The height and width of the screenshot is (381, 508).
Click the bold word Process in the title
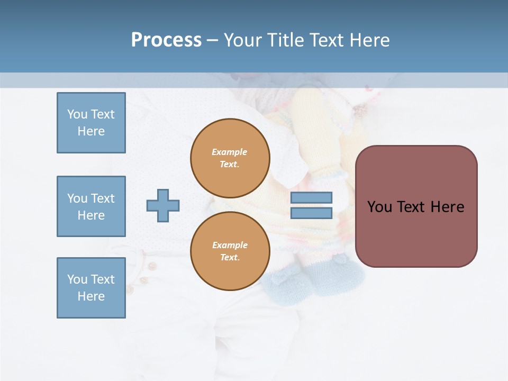pyautogui.click(x=166, y=40)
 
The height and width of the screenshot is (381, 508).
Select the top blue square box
pyautogui.click(x=91, y=123)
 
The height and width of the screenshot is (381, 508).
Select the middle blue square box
pyautogui.click(x=91, y=206)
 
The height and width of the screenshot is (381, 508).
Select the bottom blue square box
pyautogui.click(x=91, y=288)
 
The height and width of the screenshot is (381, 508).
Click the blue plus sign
pyautogui.click(x=163, y=205)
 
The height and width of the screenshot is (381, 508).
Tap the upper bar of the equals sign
pyautogui.click(x=311, y=198)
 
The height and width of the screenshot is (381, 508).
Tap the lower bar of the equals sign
pyautogui.click(x=311, y=213)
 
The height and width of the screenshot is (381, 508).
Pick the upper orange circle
pyautogui.click(x=230, y=158)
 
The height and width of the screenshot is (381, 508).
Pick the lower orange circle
pyautogui.click(x=230, y=251)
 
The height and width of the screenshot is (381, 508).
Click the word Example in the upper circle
pyautogui.click(x=229, y=152)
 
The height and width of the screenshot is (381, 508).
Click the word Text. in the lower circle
pyautogui.click(x=230, y=258)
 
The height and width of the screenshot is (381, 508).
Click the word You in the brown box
pyautogui.click(x=379, y=207)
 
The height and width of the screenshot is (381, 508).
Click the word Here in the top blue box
pyautogui.click(x=91, y=131)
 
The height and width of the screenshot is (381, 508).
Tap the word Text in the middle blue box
pyautogui.click(x=103, y=198)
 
